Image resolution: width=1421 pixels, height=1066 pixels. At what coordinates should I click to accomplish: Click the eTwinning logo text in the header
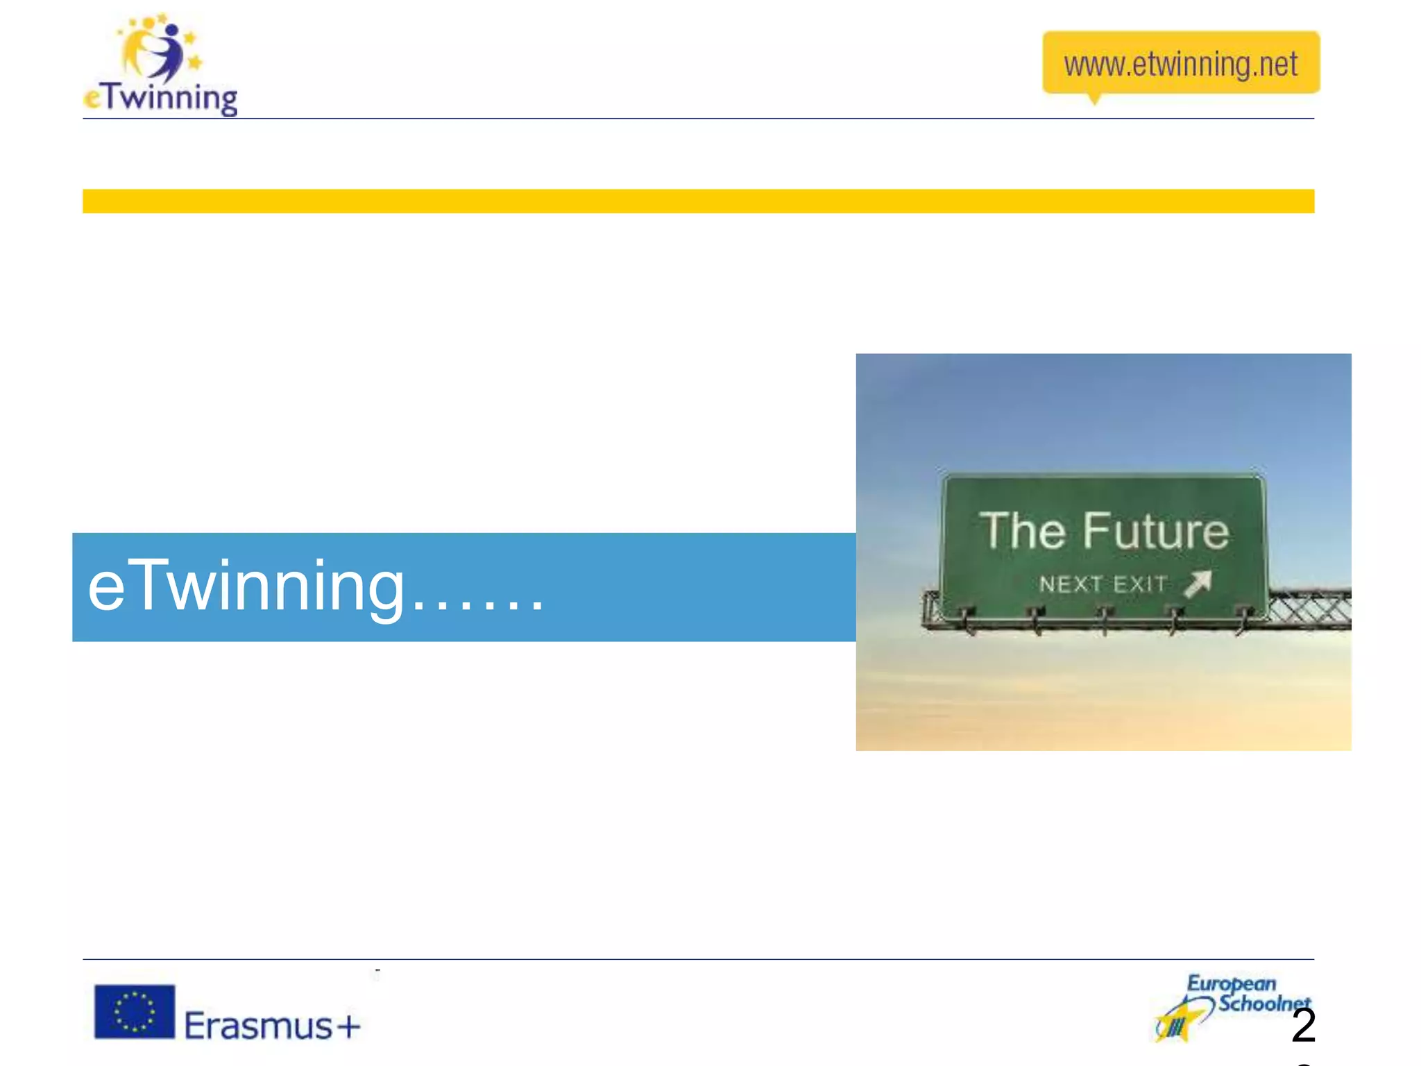(161, 98)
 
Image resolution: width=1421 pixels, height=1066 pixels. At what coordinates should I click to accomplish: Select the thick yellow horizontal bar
(698, 201)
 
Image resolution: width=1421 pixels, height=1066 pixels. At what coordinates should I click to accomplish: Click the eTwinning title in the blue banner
(246, 587)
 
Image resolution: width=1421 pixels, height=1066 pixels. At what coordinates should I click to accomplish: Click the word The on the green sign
(1021, 531)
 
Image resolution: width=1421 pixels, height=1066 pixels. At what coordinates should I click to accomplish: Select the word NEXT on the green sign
(1069, 584)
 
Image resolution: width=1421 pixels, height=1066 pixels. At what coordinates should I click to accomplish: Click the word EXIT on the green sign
(1140, 584)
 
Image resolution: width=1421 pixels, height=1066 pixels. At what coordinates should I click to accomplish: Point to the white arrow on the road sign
(1198, 583)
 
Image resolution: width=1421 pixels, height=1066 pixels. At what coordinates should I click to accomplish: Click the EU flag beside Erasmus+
(135, 1012)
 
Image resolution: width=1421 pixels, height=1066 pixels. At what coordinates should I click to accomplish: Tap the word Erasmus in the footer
(259, 1026)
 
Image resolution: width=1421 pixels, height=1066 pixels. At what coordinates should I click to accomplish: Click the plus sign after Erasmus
(349, 1026)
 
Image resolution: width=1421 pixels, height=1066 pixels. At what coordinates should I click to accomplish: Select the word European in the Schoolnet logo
(1231, 983)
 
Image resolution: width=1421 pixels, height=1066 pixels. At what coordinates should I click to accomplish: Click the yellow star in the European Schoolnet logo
(1177, 1024)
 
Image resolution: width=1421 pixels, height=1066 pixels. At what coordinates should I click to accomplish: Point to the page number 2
(1304, 1026)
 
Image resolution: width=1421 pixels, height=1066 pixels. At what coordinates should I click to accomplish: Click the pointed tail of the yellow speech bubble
(1095, 99)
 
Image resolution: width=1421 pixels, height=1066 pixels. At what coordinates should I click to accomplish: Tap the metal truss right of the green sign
(1311, 609)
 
